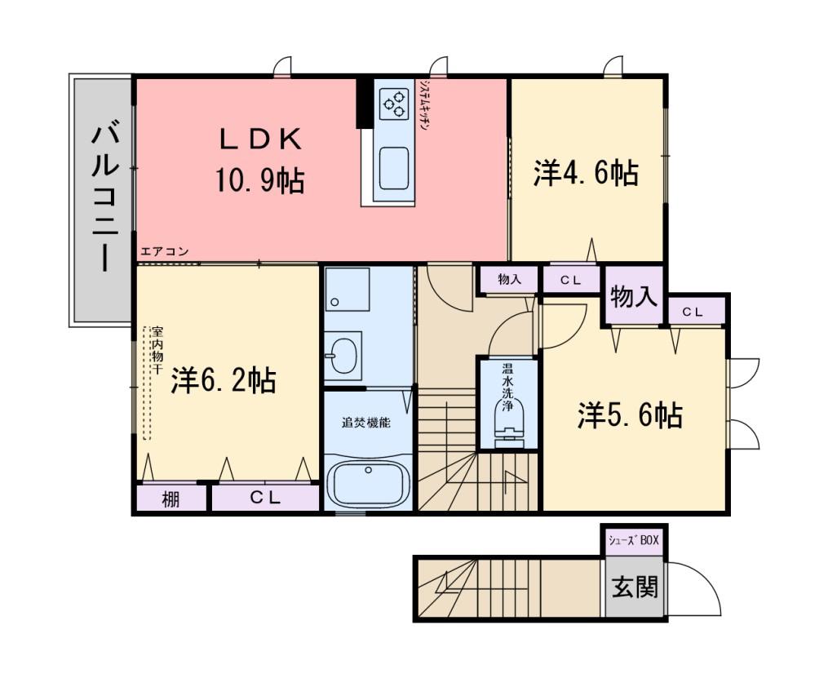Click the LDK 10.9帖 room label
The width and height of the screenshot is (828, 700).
(259, 161)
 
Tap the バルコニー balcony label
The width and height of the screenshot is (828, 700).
(105, 196)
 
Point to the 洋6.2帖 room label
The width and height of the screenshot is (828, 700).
(224, 380)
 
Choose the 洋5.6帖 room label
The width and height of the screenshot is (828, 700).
(630, 415)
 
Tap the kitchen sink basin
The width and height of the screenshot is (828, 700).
(394, 168)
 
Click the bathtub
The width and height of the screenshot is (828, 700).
(368, 485)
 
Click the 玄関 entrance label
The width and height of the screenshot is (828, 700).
(635, 587)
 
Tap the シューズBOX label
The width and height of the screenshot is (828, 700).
(634, 540)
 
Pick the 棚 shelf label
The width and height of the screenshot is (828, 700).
(170, 498)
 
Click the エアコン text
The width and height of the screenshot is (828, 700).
(164, 252)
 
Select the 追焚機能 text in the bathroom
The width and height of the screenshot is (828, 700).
(366, 423)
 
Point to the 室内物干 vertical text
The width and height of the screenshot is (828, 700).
(157, 350)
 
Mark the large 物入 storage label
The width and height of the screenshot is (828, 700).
(634, 296)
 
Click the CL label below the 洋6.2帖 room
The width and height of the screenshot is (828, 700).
(265, 498)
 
